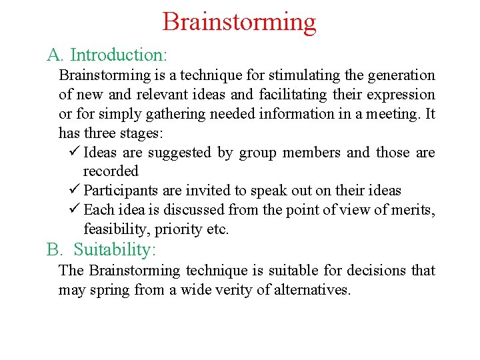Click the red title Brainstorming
(239, 22)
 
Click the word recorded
(111, 171)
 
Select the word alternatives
(313, 290)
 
